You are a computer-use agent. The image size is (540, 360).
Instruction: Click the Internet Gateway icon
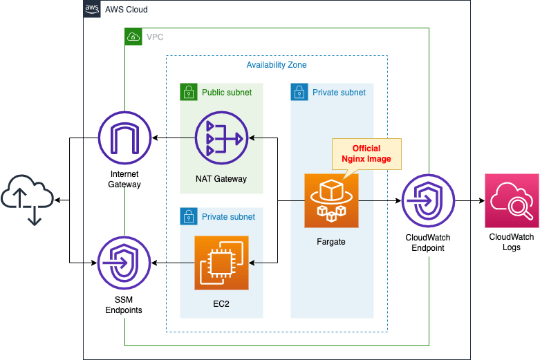(x=124, y=138)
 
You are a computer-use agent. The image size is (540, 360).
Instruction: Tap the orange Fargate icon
(x=332, y=200)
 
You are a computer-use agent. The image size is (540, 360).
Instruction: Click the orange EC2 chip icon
(x=221, y=263)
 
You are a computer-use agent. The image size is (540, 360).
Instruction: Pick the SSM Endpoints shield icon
(x=124, y=263)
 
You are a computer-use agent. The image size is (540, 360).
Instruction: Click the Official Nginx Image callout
(x=366, y=153)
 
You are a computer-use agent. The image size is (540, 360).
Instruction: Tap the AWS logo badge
(x=92, y=9)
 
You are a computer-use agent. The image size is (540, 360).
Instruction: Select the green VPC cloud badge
(x=133, y=37)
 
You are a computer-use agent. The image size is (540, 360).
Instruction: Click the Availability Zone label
(x=277, y=65)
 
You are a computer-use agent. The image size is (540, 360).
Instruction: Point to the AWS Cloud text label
(x=126, y=10)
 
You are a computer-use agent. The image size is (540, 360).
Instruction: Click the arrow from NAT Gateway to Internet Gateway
(x=173, y=138)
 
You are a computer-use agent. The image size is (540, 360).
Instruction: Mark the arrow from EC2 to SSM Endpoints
(x=173, y=263)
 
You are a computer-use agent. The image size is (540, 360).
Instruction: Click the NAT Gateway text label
(x=221, y=179)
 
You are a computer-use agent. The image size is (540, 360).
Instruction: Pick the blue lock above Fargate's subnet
(x=299, y=92)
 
